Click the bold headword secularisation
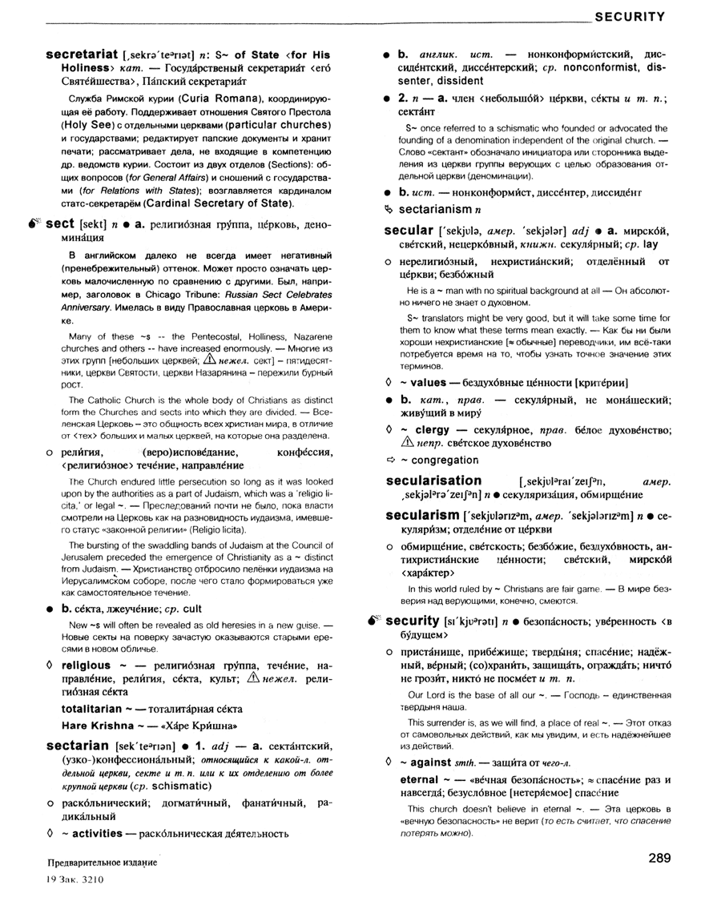[433, 481]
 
